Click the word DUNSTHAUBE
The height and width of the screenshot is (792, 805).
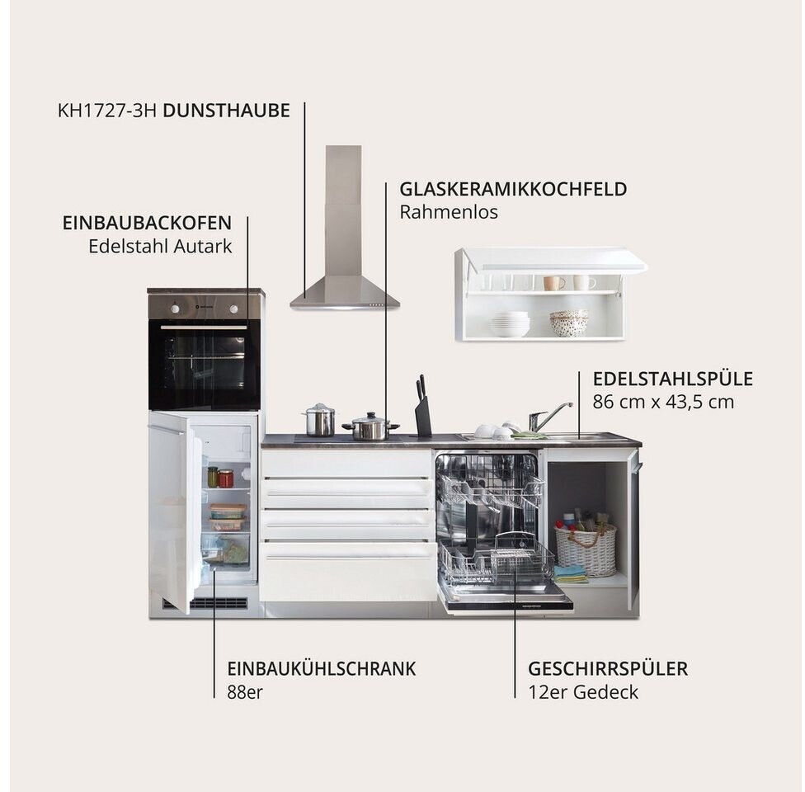226,111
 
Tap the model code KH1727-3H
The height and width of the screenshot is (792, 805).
106,111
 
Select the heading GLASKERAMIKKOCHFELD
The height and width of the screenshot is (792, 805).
513,189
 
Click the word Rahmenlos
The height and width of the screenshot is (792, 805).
449,212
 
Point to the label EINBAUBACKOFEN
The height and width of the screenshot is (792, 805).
148,223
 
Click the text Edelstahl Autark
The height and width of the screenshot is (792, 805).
160,246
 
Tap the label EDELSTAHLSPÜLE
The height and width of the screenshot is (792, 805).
673,379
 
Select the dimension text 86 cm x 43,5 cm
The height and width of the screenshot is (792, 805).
663,402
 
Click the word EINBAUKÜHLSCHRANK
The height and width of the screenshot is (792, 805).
322,669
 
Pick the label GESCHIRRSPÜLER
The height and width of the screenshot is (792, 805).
608,669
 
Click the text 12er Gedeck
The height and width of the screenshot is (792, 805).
583,692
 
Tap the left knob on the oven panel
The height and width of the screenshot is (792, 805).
175,309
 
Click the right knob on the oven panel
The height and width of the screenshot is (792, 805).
234,309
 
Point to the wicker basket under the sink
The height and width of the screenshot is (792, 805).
586,549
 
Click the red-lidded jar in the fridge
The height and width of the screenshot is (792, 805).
226,478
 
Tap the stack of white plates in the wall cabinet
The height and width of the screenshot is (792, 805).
510,324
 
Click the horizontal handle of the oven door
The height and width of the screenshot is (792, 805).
204,328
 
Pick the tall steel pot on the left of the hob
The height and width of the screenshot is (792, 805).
319,420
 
